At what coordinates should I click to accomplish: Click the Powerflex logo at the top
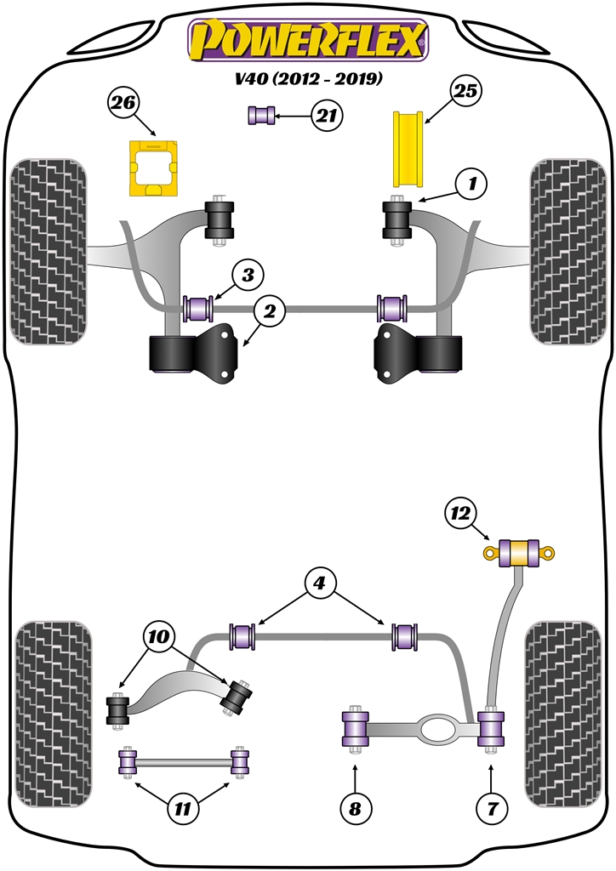tap(307, 39)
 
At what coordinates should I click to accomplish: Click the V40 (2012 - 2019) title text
tap(307, 80)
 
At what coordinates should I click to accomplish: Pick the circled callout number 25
tap(466, 91)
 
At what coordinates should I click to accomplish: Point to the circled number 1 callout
tap(472, 182)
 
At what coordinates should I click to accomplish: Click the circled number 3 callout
tap(248, 275)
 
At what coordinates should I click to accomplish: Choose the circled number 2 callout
tap(269, 313)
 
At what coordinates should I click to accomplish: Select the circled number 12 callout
tap(460, 513)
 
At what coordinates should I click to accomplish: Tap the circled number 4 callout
tap(319, 584)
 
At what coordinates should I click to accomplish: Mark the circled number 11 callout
tap(180, 809)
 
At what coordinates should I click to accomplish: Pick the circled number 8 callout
tap(354, 809)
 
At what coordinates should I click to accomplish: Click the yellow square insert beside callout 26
tap(151, 168)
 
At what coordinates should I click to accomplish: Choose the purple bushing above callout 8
tap(354, 729)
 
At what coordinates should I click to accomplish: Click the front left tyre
tap(48, 251)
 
